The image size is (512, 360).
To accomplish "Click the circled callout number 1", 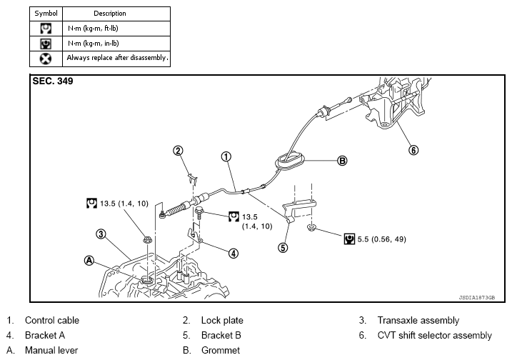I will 225,156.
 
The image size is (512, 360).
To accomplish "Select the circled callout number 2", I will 179,150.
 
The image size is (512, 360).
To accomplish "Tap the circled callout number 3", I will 102,234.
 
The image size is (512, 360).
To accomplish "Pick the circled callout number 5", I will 283,249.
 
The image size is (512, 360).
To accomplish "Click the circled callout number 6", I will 413,150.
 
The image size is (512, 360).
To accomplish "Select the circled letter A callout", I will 89,261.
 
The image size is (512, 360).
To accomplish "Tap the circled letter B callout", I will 342,161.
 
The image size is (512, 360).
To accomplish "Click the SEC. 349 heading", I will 53,81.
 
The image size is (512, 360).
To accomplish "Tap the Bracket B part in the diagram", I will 299,209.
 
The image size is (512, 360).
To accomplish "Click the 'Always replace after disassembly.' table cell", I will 117,57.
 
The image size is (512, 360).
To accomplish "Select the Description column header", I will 109,14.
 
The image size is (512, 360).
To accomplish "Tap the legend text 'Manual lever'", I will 51,350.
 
